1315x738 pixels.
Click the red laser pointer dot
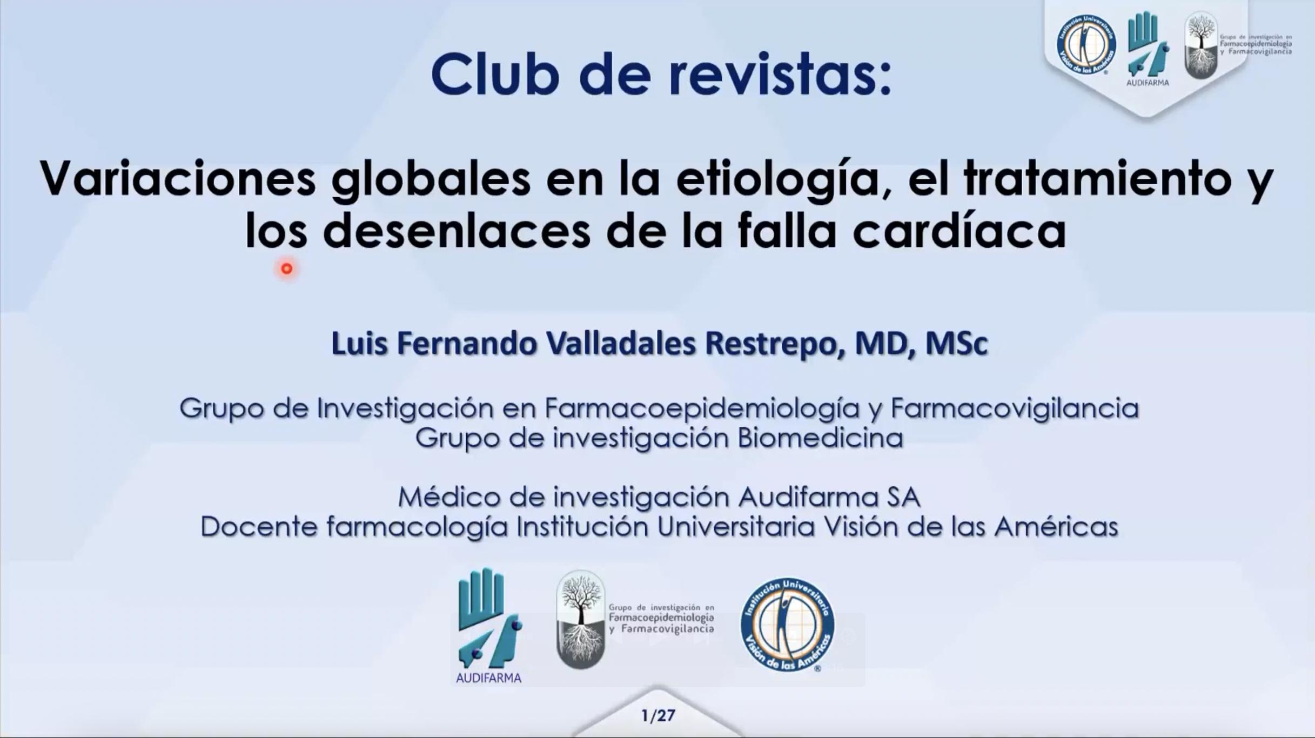tap(287, 268)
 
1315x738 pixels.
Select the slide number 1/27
tap(658, 716)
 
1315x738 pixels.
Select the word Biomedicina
tap(820, 438)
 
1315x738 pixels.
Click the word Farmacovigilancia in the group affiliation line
tap(1015, 408)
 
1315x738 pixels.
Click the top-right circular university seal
tap(1086, 44)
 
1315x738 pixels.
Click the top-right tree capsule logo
tap(1200, 45)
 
